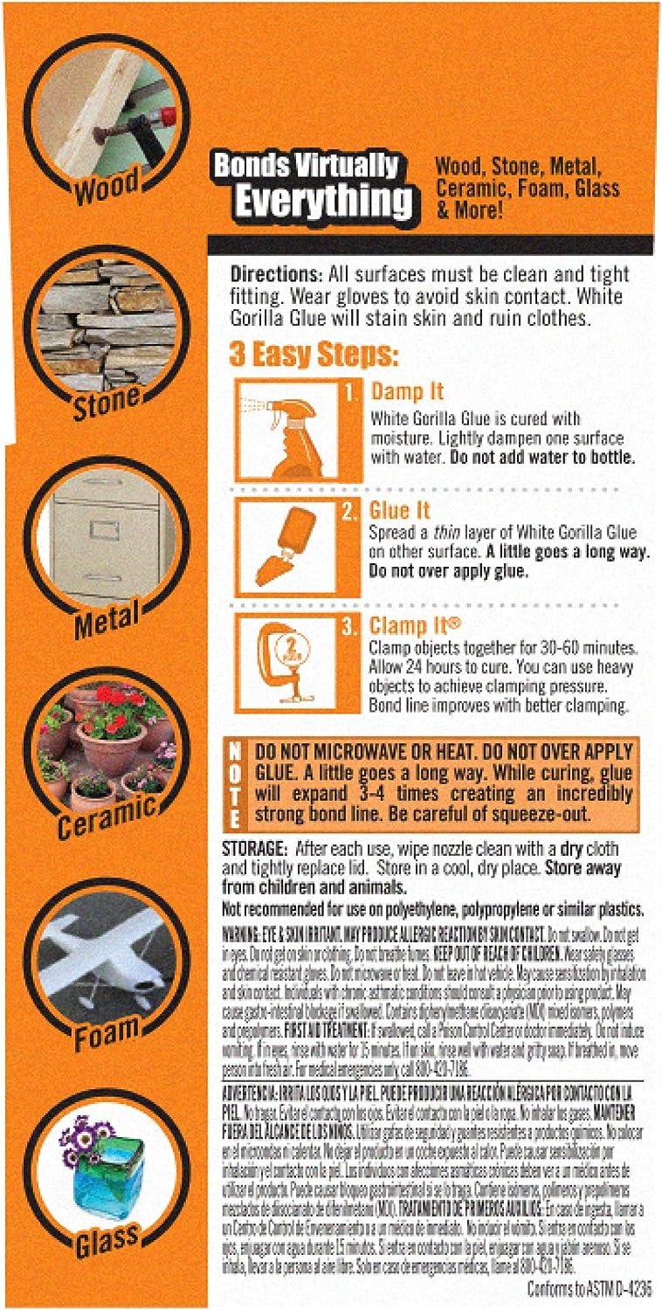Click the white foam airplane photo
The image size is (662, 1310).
point(107,951)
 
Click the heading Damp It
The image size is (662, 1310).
point(407,390)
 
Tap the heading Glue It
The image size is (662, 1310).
point(402,510)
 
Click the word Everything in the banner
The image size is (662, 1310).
point(324,200)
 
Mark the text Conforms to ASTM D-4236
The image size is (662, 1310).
point(590,1288)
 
